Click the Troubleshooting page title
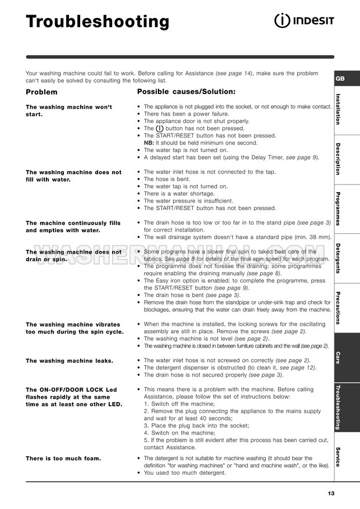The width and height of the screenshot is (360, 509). tap(98, 22)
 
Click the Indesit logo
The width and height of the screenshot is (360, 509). tap(304, 21)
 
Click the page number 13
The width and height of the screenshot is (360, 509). tap(331, 493)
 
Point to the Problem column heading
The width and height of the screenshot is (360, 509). tap(42, 92)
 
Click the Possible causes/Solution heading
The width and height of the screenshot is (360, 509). tap(186, 92)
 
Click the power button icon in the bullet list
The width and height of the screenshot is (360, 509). tap(159, 128)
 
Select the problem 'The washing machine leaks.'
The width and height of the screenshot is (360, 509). tap(69, 360)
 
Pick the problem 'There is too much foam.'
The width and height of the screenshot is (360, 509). tap(63, 459)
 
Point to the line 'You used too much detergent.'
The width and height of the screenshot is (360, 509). tap(185, 472)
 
